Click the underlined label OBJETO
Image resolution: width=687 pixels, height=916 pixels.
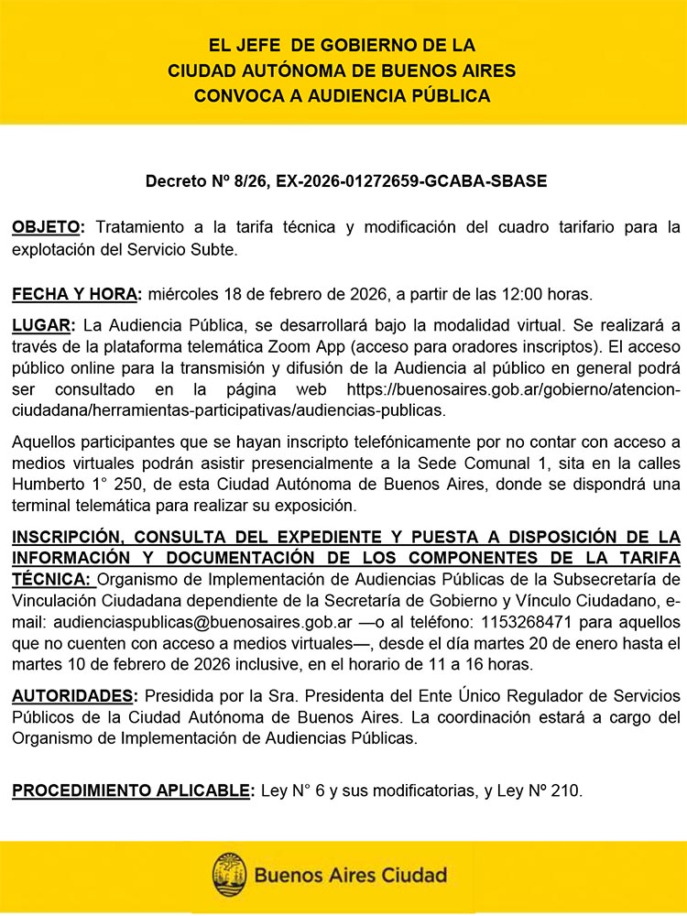[48, 226]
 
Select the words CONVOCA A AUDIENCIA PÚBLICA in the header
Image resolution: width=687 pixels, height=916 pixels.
[343, 94]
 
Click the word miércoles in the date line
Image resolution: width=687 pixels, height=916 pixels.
[179, 294]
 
